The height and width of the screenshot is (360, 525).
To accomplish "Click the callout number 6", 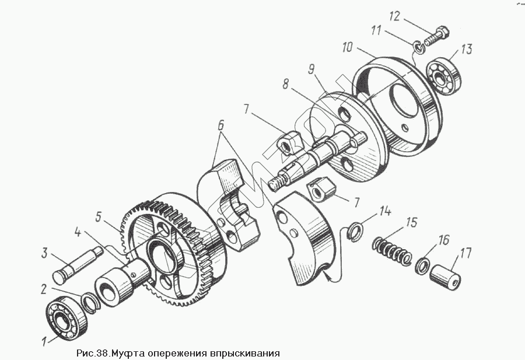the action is (x=220, y=124).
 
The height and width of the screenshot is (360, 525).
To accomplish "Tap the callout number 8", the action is (x=285, y=83).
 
